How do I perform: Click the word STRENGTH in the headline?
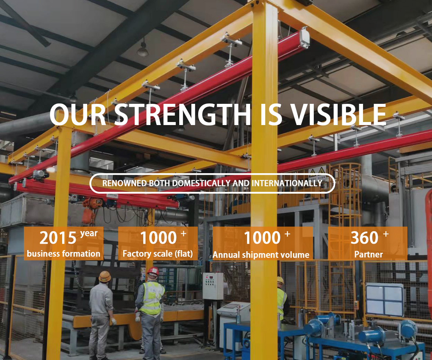point(182,114)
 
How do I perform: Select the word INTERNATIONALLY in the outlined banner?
point(287,183)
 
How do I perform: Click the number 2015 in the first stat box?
point(58,238)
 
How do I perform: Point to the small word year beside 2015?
point(89,233)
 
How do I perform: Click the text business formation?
point(64,254)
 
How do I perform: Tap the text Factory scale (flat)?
point(158,254)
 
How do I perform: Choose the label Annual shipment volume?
point(261,255)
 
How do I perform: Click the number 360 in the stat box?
point(365,238)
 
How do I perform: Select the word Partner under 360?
point(369,255)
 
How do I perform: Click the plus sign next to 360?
point(386,234)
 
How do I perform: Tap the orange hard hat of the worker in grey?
point(105,276)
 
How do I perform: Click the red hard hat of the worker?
point(153,272)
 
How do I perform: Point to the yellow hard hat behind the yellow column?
point(280,280)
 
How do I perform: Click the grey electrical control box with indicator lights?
point(213,286)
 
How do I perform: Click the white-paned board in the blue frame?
point(385,300)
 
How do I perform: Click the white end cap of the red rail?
point(304,38)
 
